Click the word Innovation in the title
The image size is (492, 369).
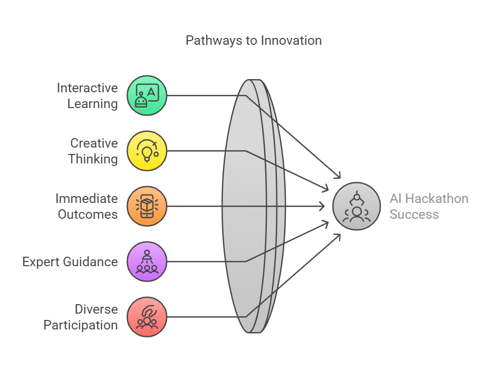[x=291, y=41]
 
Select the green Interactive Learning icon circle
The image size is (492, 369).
[x=147, y=95]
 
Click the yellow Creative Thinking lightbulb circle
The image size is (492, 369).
[x=147, y=151]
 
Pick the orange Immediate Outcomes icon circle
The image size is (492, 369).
[x=147, y=206]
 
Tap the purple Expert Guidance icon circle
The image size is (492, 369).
[x=147, y=261]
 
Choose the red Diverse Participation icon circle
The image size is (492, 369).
[x=147, y=317]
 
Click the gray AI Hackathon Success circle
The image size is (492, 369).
[x=356, y=206]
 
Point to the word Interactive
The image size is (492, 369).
[x=87, y=88]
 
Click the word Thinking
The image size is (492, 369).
[x=93, y=159]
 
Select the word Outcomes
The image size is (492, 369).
[x=88, y=215]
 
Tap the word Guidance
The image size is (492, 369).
[x=92, y=261]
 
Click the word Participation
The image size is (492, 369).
[x=81, y=325]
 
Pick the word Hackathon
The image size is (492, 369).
[x=437, y=199]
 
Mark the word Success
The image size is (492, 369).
[x=414, y=215]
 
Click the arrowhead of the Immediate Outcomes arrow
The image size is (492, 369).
[x=322, y=206]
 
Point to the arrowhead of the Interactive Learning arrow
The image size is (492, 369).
[x=337, y=176]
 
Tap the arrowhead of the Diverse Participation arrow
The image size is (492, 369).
[x=337, y=237]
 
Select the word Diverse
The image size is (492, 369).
[x=97, y=309]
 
